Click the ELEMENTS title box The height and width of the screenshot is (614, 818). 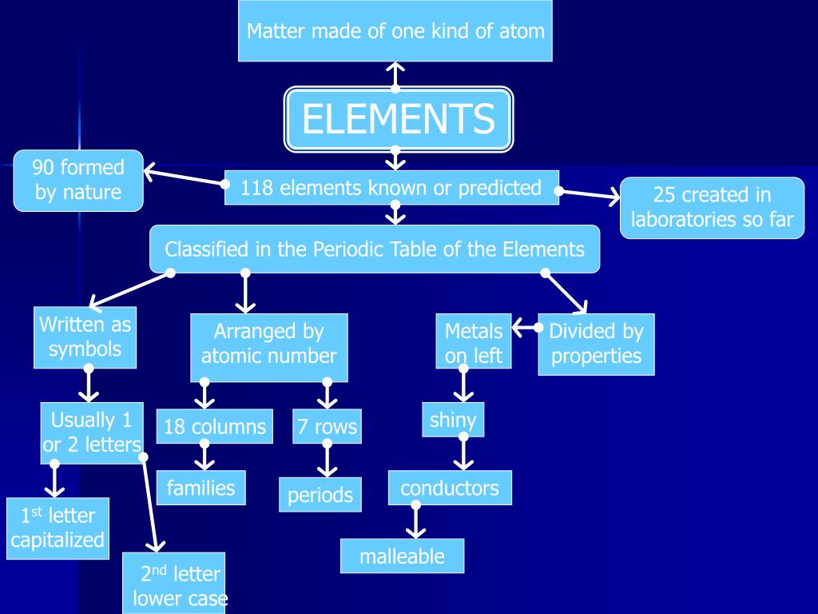click(399, 119)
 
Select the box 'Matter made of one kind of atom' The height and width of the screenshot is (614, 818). click(395, 31)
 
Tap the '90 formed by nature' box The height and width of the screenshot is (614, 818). click(78, 180)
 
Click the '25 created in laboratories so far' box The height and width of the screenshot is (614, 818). click(712, 207)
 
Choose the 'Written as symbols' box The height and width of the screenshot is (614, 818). click(85, 337)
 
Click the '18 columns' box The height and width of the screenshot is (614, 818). click(215, 427)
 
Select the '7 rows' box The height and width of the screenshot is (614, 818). click(327, 427)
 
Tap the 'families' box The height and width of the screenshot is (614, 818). click(201, 488)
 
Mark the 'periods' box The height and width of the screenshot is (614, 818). click(320, 495)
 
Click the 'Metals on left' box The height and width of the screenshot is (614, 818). click(474, 343)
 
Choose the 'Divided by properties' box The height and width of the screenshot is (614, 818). click(596, 344)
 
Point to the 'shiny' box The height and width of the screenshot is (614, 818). click(453, 420)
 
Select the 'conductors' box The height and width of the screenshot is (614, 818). click(450, 488)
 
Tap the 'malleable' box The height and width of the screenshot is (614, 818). click(402, 556)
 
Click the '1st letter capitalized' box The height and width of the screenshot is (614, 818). click(58, 528)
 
